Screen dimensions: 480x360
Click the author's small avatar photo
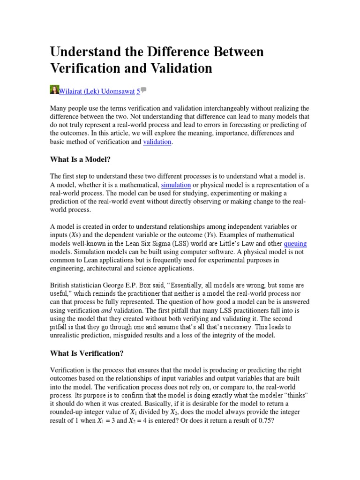[x=54, y=90]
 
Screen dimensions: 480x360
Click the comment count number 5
[x=138, y=91]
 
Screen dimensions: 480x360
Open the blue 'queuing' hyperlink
[x=295, y=244]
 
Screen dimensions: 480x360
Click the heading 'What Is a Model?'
[x=80, y=159]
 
